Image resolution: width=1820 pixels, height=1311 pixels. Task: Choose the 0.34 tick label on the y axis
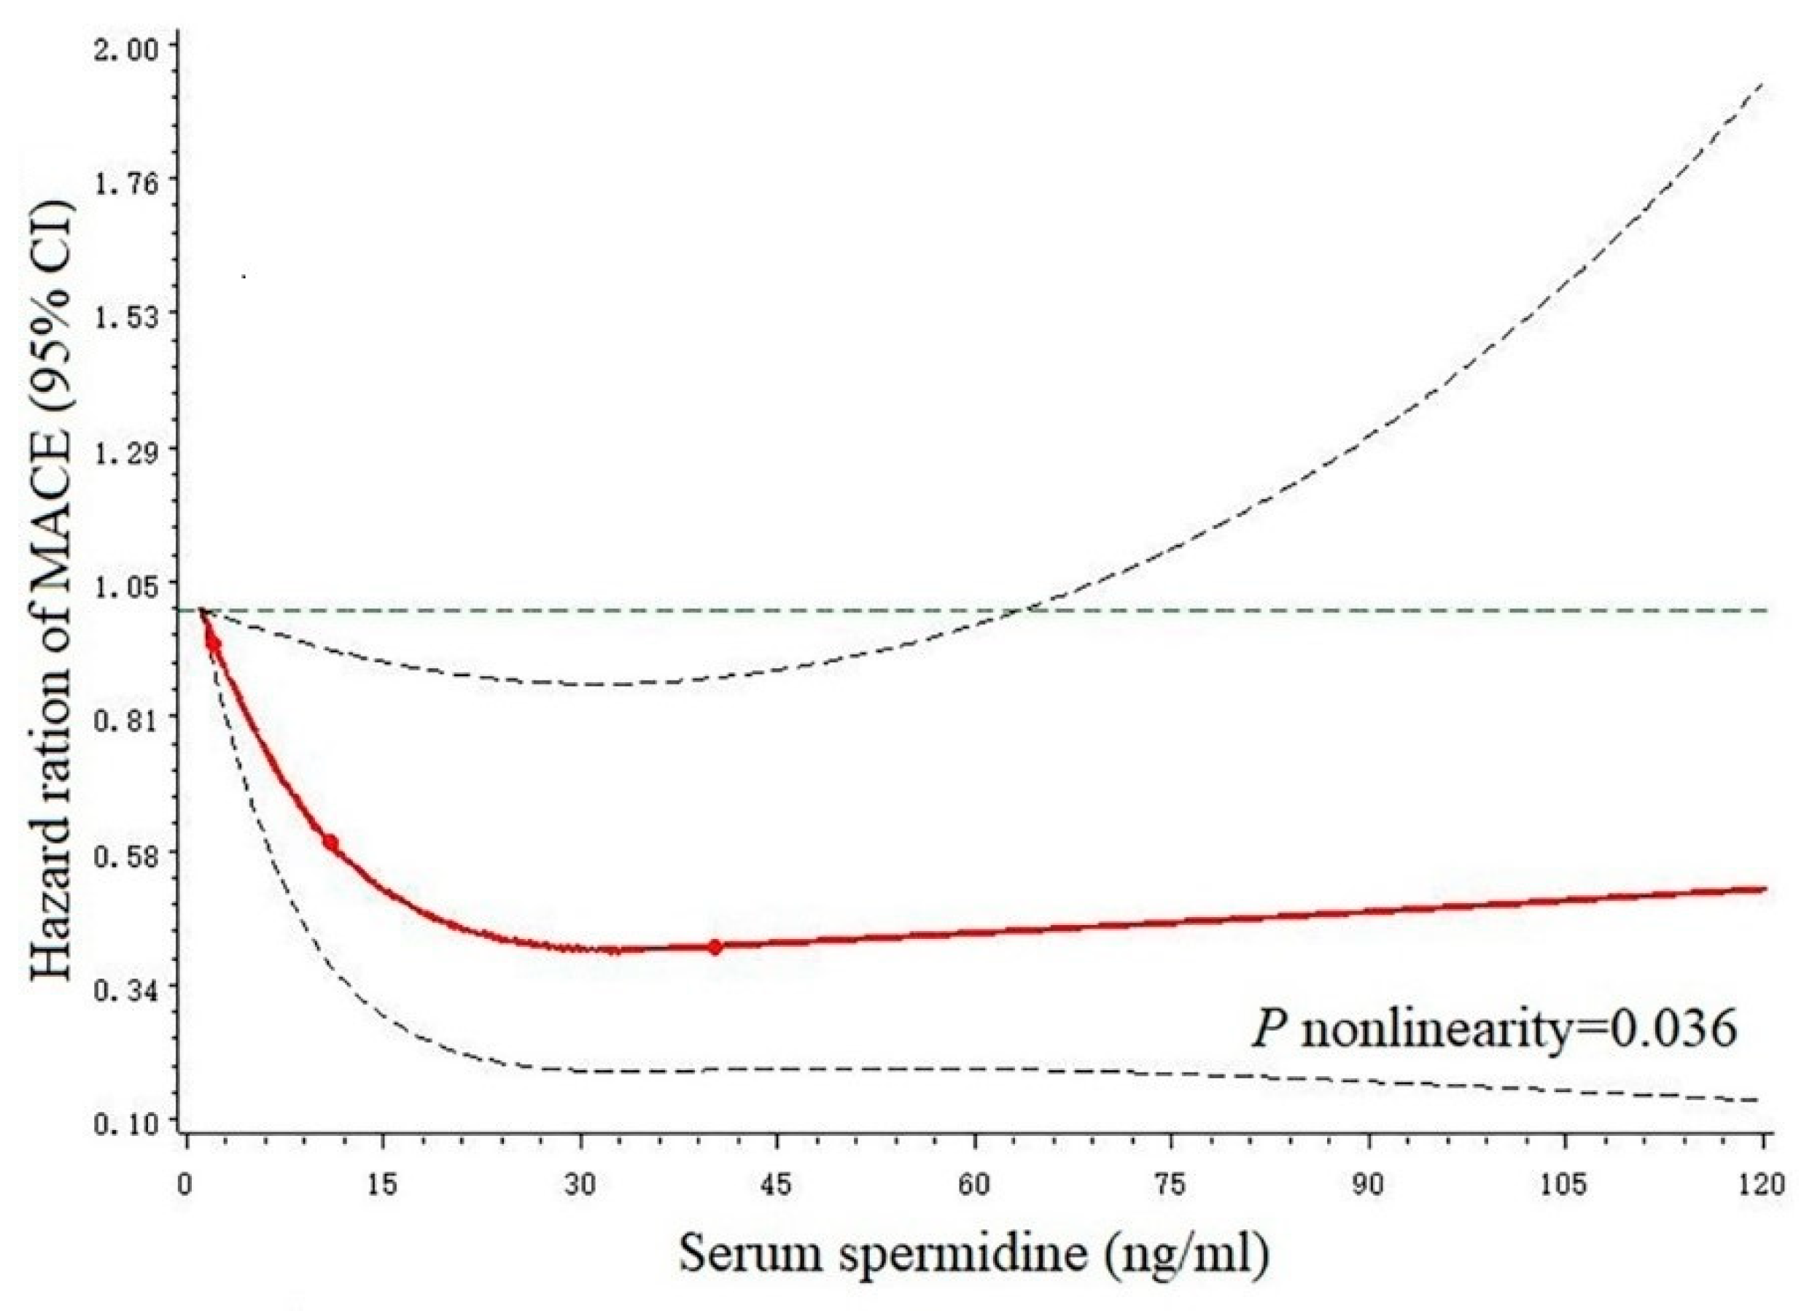[128, 990]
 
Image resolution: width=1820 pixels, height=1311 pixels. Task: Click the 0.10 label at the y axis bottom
[128, 1124]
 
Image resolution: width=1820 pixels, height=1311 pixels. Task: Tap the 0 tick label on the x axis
[185, 1186]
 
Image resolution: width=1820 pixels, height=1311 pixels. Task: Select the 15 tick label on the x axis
[383, 1186]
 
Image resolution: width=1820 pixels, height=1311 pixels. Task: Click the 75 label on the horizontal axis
[1171, 1186]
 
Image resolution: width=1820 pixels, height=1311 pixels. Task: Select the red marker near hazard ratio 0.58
[330, 843]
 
